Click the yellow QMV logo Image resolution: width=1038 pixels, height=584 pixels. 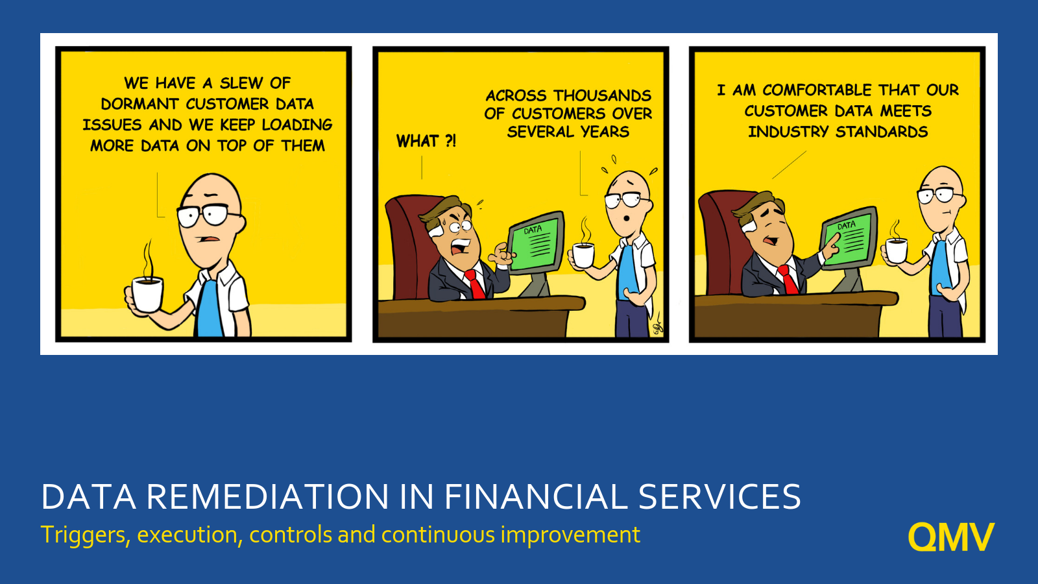pyautogui.click(x=950, y=537)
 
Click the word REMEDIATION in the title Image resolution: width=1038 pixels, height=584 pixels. pyautogui.click(x=267, y=497)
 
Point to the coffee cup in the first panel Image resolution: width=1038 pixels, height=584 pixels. pyautogui.click(x=147, y=294)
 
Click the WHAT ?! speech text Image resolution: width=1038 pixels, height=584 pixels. pyautogui.click(x=426, y=141)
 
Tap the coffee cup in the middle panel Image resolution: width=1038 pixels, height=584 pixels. pyautogui.click(x=583, y=254)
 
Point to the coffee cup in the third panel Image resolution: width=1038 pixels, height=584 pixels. pyautogui.click(x=897, y=250)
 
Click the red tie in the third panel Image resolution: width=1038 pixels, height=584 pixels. pyautogui.click(x=788, y=280)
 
